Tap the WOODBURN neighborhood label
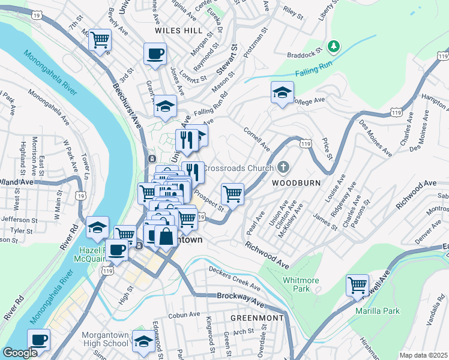[x=295, y=182]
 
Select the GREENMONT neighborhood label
[x=258, y=317]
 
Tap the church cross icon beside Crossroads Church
[x=285, y=167]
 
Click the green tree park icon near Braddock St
[x=334, y=46]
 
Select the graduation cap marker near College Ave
[x=282, y=92]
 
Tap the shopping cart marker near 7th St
[x=100, y=40]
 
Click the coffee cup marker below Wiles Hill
[x=155, y=54]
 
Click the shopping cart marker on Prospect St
[x=232, y=194]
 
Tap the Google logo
[x=20, y=353]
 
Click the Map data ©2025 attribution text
[x=423, y=355]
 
